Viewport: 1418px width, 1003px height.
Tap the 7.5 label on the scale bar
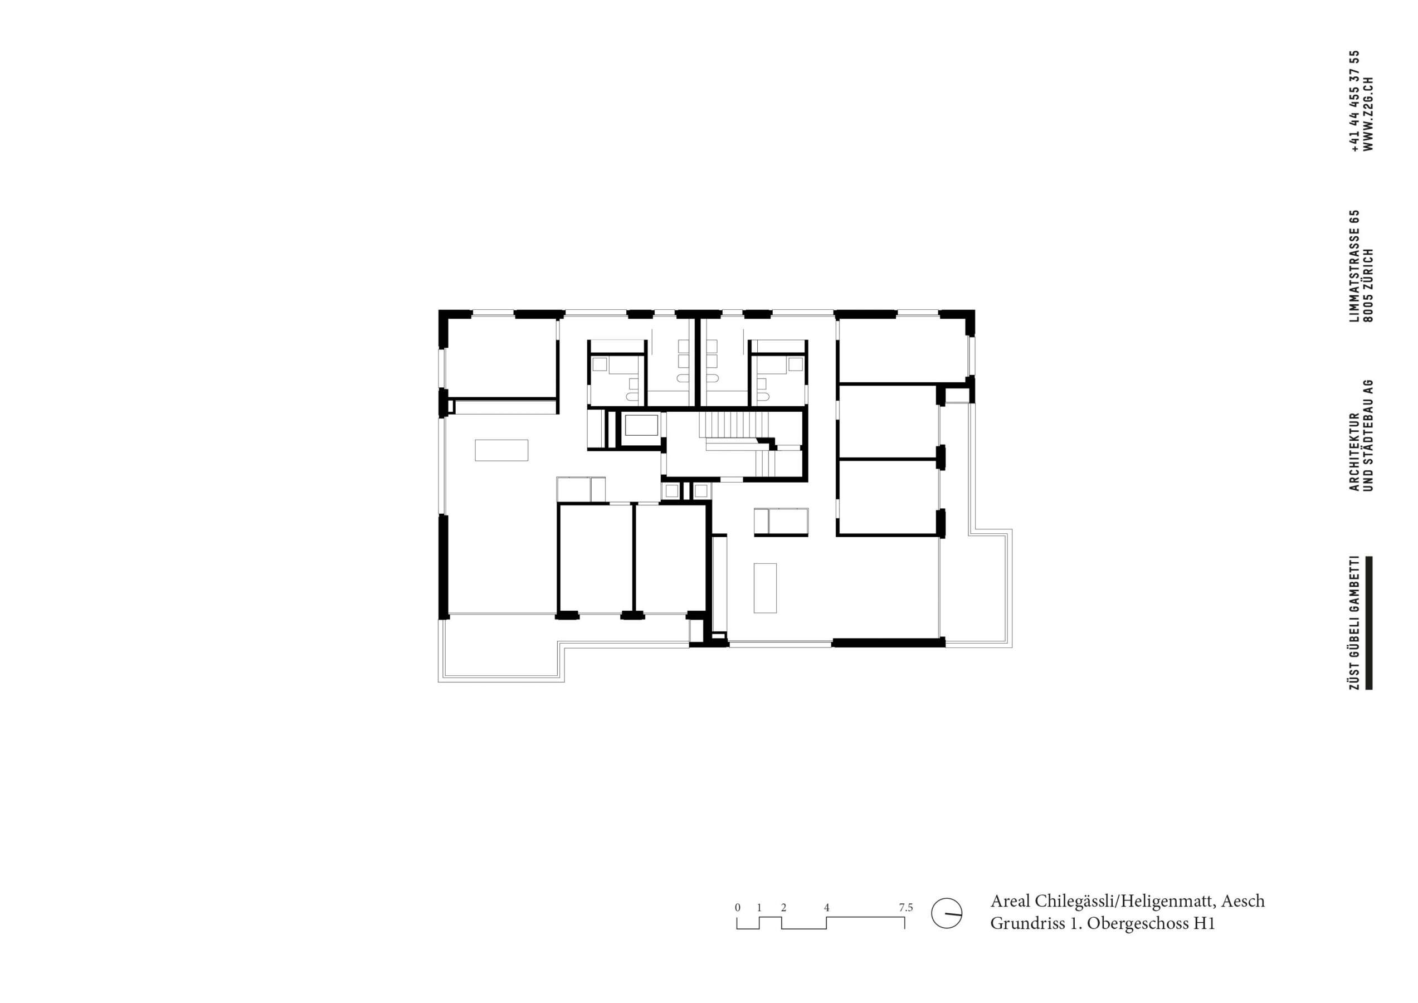tap(905, 908)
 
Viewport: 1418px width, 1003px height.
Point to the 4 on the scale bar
tap(826, 908)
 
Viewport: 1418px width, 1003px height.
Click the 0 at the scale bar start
tap(737, 908)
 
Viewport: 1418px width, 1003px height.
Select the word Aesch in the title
tap(1242, 901)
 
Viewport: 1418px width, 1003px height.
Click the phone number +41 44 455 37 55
tap(1354, 101)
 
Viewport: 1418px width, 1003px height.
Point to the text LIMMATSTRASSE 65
tap(1354, 266)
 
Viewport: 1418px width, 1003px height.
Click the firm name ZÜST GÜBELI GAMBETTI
tap(1354, 623)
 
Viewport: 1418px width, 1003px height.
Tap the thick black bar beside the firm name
tap(1368, 623)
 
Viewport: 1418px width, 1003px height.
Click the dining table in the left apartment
tap(501, 450)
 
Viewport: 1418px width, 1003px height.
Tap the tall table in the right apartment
tap(765, 587)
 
